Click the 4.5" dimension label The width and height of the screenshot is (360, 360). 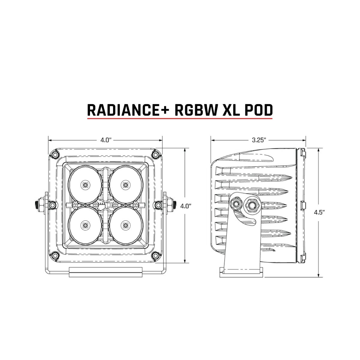pyautogui.click(x=318, y=212)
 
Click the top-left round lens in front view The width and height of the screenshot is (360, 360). pyautogui.click(x=85, y=184)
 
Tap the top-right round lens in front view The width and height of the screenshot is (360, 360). pyautogui.click(x=124, y=184)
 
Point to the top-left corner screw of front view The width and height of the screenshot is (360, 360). pyautogui.click(x=54, y=154)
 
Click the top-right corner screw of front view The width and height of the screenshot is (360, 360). pyautogui.click(x=155, y=154)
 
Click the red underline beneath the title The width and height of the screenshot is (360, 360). pyautogui.click(x=180, y=118)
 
